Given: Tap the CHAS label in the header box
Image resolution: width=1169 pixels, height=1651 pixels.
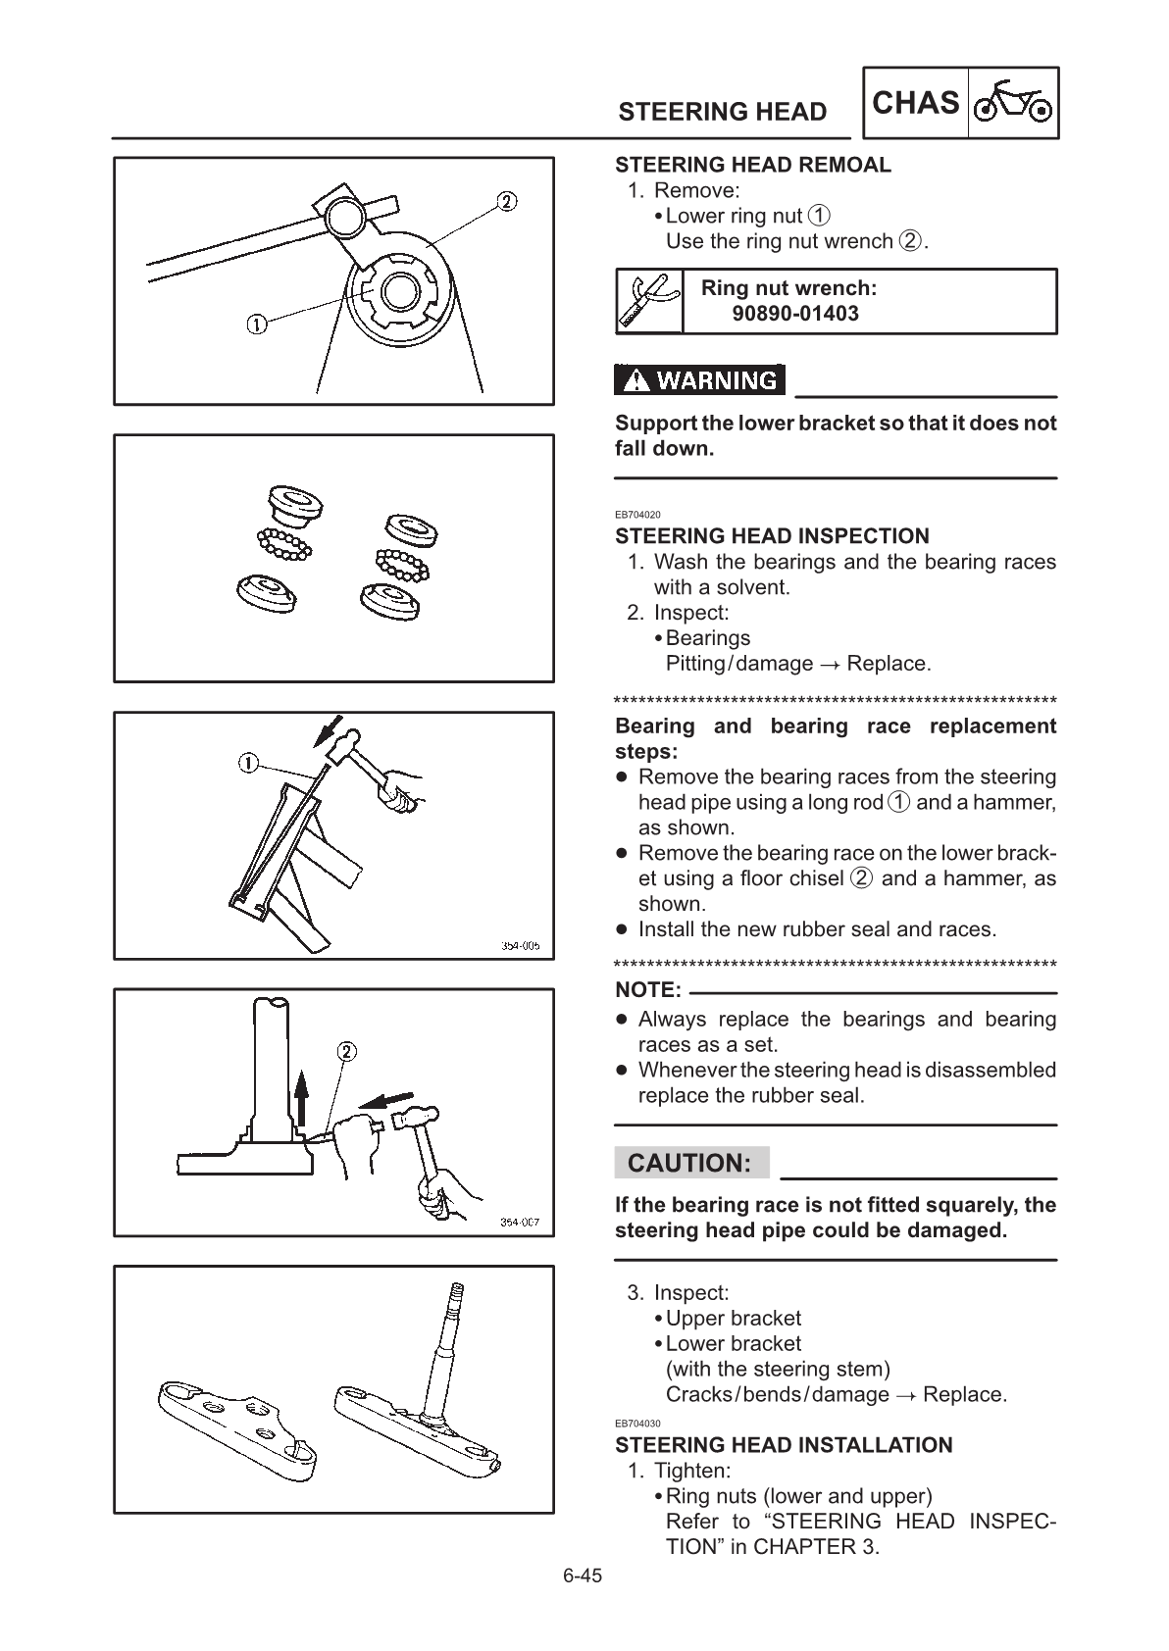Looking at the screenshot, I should (x=915, y=103).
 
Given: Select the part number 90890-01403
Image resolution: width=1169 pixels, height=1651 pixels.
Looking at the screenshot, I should (x=795, y=314).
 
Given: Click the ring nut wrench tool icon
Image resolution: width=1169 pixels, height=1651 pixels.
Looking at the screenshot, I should (x=649, y=301).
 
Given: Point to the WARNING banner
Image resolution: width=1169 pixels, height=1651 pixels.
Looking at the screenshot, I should (x=700, y=380).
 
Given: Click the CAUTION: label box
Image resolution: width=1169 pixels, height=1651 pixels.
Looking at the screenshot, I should (x=690, y=1164).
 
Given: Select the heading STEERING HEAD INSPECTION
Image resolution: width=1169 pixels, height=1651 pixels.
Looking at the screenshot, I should (x=772, y=536).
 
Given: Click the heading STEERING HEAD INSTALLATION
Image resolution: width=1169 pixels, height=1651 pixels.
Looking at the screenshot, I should (x=784, y=1445).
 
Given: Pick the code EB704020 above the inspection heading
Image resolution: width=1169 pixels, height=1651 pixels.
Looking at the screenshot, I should (x=637, y=515).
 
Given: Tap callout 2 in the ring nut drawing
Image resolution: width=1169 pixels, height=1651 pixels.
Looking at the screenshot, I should (x=506, y=202).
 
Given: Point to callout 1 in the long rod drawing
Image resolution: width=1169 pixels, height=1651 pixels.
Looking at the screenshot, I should (x=248, y=763).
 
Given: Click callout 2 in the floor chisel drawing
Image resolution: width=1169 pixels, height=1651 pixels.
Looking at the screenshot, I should (x=346, y=1052).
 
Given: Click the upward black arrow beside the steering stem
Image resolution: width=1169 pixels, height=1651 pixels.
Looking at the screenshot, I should (x=302, y=1098).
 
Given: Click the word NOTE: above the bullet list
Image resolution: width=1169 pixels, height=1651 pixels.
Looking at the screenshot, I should (x=647, y=990).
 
